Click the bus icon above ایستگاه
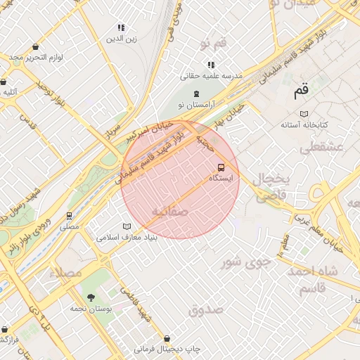pos(221,167)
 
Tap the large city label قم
pos(302,90)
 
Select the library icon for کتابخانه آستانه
pos(304,114)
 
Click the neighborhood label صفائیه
pos(169,211)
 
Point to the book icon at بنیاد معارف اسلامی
pos(127,226)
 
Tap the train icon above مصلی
pos(69,216)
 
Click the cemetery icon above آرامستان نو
pos(195,94)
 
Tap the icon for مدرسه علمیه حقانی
pos(210,65)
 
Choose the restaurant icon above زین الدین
pos(121,28)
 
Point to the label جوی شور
pos(245,263)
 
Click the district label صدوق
pos(206,309)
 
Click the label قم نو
pos(213,44)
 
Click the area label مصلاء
pos(66,272)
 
